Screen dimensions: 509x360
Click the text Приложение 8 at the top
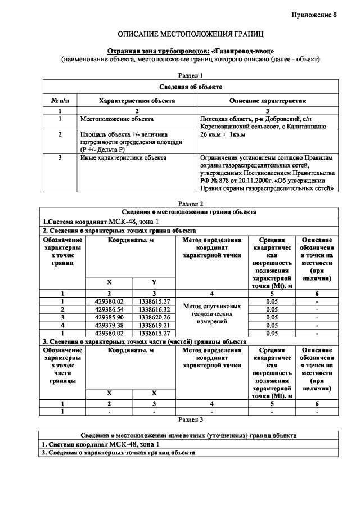(x=313, y=15)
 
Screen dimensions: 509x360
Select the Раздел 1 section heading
(x=190, y=75)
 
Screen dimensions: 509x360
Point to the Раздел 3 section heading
(x=190, y=419)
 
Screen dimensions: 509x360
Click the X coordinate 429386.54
(x=109, y=309)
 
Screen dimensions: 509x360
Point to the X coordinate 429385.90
(x=109, y=317)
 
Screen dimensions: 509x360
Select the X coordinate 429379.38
(x=109, y=325)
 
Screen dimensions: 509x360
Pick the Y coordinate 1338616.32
(x=154, y=309)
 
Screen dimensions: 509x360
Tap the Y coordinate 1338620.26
(x=154, y=317)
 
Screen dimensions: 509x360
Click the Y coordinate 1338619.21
(x=154, y=325)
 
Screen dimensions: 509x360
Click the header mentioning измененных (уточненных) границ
(x=190, y=435)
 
